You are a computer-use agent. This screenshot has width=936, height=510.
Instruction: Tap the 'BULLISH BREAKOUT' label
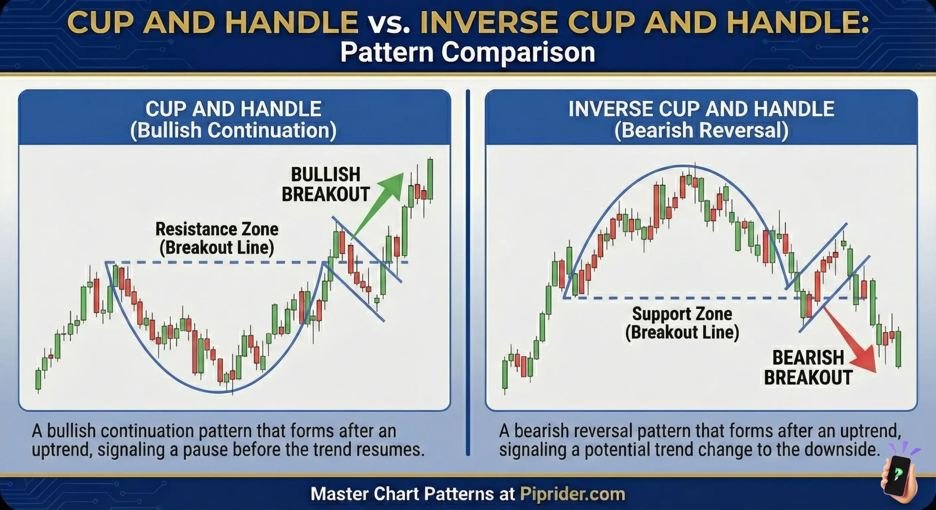click(325, 184)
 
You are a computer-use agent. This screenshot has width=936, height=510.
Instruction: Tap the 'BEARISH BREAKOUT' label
click(808, 367)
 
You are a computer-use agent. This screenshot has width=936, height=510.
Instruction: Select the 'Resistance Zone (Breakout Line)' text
click(217, 238)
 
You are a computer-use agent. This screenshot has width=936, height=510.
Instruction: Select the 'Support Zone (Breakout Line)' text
click(682, 323)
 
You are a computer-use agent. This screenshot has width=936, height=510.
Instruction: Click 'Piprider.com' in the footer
click(572, 494)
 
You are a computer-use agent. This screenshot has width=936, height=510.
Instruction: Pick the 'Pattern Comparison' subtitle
click(468, 52)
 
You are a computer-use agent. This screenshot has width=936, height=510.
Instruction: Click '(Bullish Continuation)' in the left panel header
click(233, 131)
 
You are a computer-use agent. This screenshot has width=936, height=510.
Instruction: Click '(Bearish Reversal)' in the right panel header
click(701, 131)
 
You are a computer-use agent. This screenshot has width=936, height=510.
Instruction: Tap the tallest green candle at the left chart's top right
click(430, 179)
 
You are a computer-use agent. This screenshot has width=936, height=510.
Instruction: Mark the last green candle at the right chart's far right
click(898, 349)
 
